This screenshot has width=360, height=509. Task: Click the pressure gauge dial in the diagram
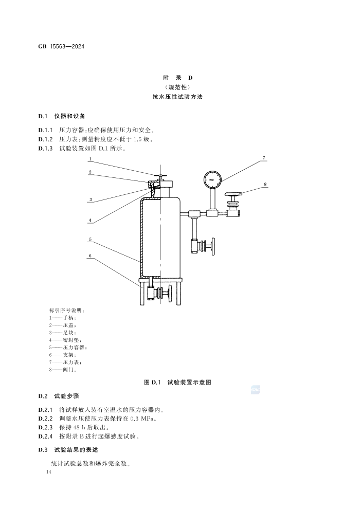tap(212, 179)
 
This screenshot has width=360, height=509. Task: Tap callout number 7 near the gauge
tap(264, 158)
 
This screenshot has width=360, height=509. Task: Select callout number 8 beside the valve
tap(265, 184)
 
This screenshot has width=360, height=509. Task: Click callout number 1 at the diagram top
tap(91, 159)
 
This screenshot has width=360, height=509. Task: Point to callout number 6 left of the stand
tap(90, 256)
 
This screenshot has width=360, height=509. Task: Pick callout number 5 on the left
tap(91, 240)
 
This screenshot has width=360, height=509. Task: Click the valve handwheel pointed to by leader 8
tap(233, 194)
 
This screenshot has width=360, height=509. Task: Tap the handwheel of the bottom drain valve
tap(171, 294)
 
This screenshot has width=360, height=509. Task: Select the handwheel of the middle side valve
tap(213, 246)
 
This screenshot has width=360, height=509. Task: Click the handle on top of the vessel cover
tap(160, 176)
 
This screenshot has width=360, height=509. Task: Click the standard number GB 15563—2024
tap(61, 46)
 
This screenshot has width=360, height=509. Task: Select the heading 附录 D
tap(178, 78)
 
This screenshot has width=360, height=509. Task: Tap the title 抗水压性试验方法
tap(177, 97)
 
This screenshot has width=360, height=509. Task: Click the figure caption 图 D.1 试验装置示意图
tap(177, 382)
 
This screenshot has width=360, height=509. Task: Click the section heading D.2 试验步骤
tap(59, 396)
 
